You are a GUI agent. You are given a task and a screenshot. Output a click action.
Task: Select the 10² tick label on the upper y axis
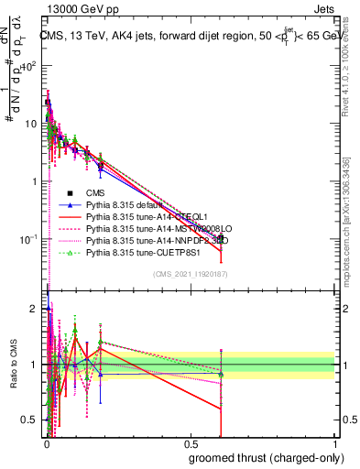[29, 66]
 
